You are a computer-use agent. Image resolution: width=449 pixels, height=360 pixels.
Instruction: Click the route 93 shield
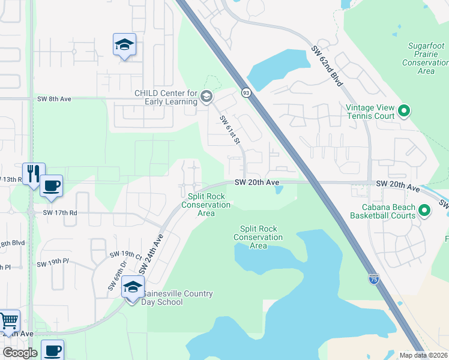(246, 92)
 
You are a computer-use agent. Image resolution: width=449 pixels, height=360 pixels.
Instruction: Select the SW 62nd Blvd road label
(327, 65)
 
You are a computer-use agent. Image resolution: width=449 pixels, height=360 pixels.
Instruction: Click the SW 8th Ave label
(54, 99)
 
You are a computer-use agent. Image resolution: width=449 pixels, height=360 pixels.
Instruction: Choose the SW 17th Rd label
(60, 212)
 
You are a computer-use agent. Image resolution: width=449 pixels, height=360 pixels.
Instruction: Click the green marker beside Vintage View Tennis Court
(404, 110)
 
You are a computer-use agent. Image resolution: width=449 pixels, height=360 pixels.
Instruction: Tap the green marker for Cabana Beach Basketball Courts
(424, 211)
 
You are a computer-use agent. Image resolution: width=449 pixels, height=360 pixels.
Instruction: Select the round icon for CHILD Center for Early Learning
(206, 97)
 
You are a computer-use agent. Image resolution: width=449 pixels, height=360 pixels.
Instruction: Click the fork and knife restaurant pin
(34, 173)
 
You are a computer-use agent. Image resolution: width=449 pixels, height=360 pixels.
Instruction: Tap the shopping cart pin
(8, 321)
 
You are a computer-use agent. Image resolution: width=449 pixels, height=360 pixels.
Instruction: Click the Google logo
(20, 353)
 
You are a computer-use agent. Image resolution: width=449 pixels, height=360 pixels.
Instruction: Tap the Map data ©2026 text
(423, 355)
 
